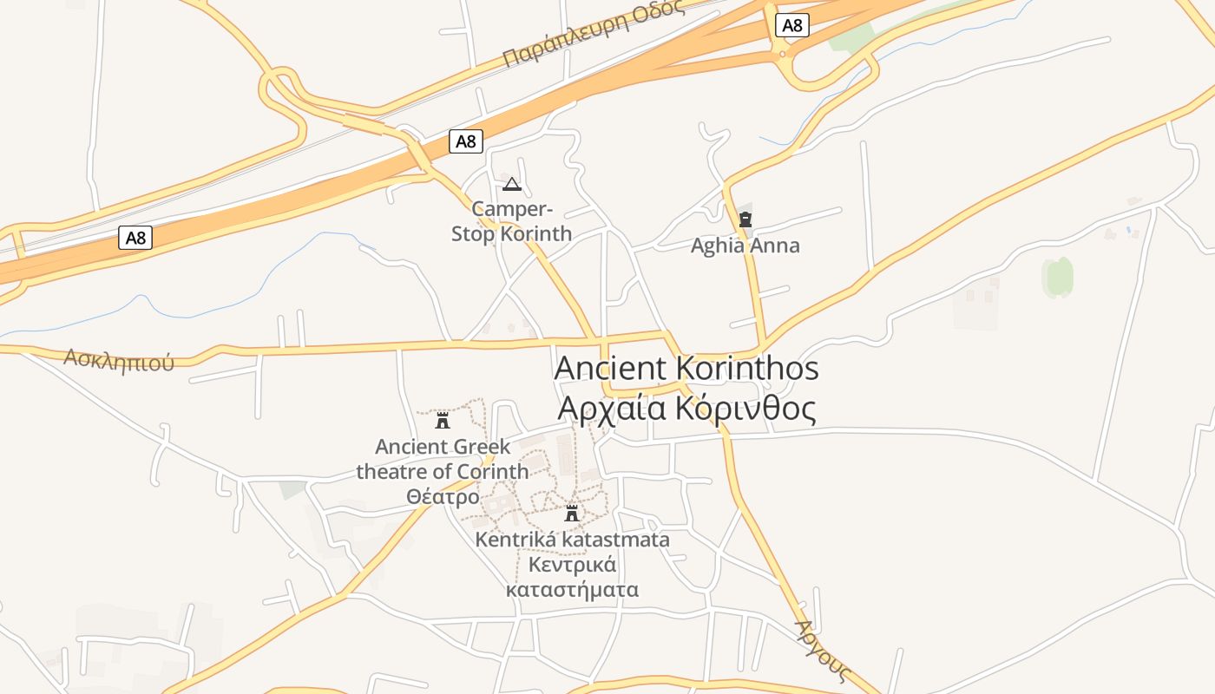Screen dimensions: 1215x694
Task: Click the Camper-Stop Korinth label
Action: pyautogui.click(x=511, y=221)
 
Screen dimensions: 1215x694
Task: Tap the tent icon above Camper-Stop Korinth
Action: pyautogui.click(x=511, y=184)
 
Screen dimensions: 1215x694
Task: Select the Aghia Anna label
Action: pyautogui.click(x=745, y=246)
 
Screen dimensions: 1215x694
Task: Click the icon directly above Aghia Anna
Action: pyautogui.click(x=745, y=219)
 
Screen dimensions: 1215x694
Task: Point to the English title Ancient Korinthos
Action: pyautogui.click(x=686, y=368)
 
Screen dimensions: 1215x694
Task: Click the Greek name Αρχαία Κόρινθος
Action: pyautogui.click(x=686, y=408)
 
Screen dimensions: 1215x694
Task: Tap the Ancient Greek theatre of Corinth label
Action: pyautogui.click(x=442, y=460)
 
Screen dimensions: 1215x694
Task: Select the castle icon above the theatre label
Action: pyautogui.click(x=443, y=421)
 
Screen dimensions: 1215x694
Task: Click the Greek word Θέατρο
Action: pyautogui.click(x=442, y=497)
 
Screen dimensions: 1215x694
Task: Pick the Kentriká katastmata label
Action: pyautogui.click(x=572, y=540)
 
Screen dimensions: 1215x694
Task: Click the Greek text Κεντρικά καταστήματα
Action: pyautogui.click(x=572, y=578)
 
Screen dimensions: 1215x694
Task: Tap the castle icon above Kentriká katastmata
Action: pyautogui.click(x=571, y=513)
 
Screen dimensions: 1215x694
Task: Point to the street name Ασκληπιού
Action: pyautogui.click(x=119, y=360)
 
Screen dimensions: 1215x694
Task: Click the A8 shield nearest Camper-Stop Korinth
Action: pyautogui.click(x=466, y=141)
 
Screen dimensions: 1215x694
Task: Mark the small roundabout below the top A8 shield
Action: pyautogui.click(x=783, y=55)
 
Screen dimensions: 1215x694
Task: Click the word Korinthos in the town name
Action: pyautogui.click(x=746, y=368)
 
